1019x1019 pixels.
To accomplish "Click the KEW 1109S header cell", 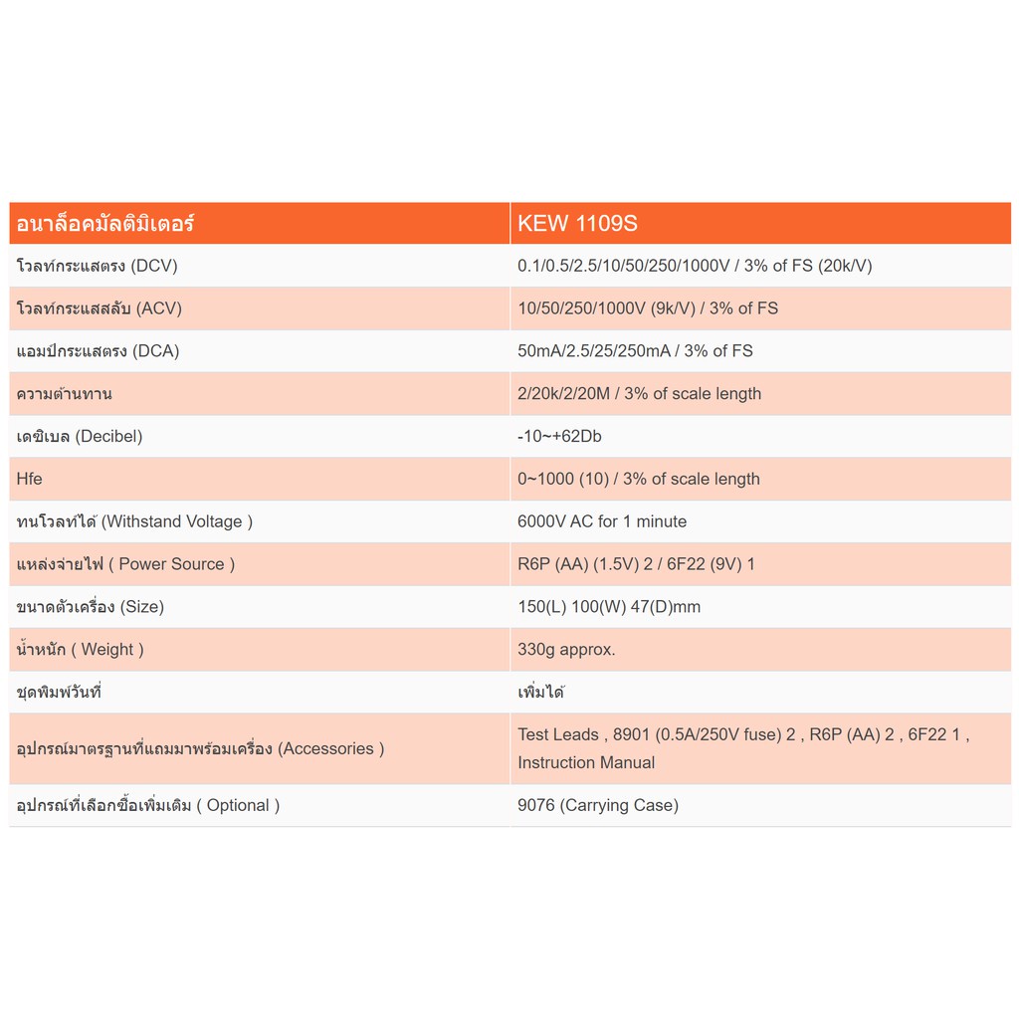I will (577, 223).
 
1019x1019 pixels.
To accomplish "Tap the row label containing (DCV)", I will (98, 266).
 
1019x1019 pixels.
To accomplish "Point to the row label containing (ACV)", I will (100, 308).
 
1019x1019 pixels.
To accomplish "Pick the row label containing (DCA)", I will (98, 351).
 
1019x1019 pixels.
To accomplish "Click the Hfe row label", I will (30, 479).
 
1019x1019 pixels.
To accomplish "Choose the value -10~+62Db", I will (559, 436).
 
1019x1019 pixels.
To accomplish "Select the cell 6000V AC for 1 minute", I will (602, 521).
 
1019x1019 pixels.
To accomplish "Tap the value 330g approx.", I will (566, 649).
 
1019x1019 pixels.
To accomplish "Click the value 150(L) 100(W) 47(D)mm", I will (609, 606).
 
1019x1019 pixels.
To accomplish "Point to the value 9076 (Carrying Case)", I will (598, 805).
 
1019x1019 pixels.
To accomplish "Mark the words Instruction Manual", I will (586, 762).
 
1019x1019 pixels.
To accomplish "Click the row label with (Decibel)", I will (80, 436).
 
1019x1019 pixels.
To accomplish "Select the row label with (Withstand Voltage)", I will (134, 521).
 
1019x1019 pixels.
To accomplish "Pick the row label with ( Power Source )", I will (126, 564).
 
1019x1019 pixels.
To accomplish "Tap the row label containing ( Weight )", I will (81, 649).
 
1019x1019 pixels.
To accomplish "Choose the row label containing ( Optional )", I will (148, 805).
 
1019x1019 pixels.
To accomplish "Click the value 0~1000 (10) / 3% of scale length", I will (639, 479).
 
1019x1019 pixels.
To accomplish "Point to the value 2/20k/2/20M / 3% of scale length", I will (639, 393).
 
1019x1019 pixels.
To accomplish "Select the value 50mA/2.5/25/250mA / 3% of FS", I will (635, 351).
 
